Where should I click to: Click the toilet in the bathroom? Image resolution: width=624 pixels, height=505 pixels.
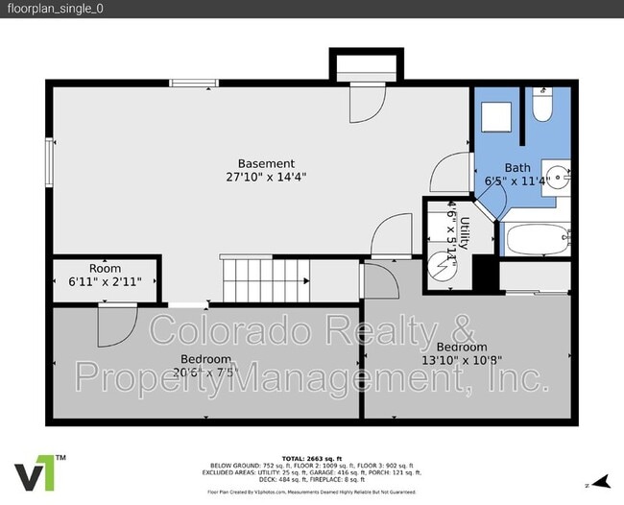543,107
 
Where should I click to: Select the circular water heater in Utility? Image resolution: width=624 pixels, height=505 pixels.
443,262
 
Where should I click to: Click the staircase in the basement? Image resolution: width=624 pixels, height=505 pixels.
264,279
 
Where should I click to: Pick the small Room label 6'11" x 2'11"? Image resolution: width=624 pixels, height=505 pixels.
106,276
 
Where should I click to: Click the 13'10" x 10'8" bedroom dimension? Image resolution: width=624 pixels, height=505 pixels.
462,360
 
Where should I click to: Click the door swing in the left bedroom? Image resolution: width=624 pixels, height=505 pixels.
113,326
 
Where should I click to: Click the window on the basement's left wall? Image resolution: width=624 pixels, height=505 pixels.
49,157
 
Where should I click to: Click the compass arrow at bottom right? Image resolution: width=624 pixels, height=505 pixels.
601,481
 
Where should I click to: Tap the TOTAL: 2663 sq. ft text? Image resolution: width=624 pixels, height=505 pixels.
312,459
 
